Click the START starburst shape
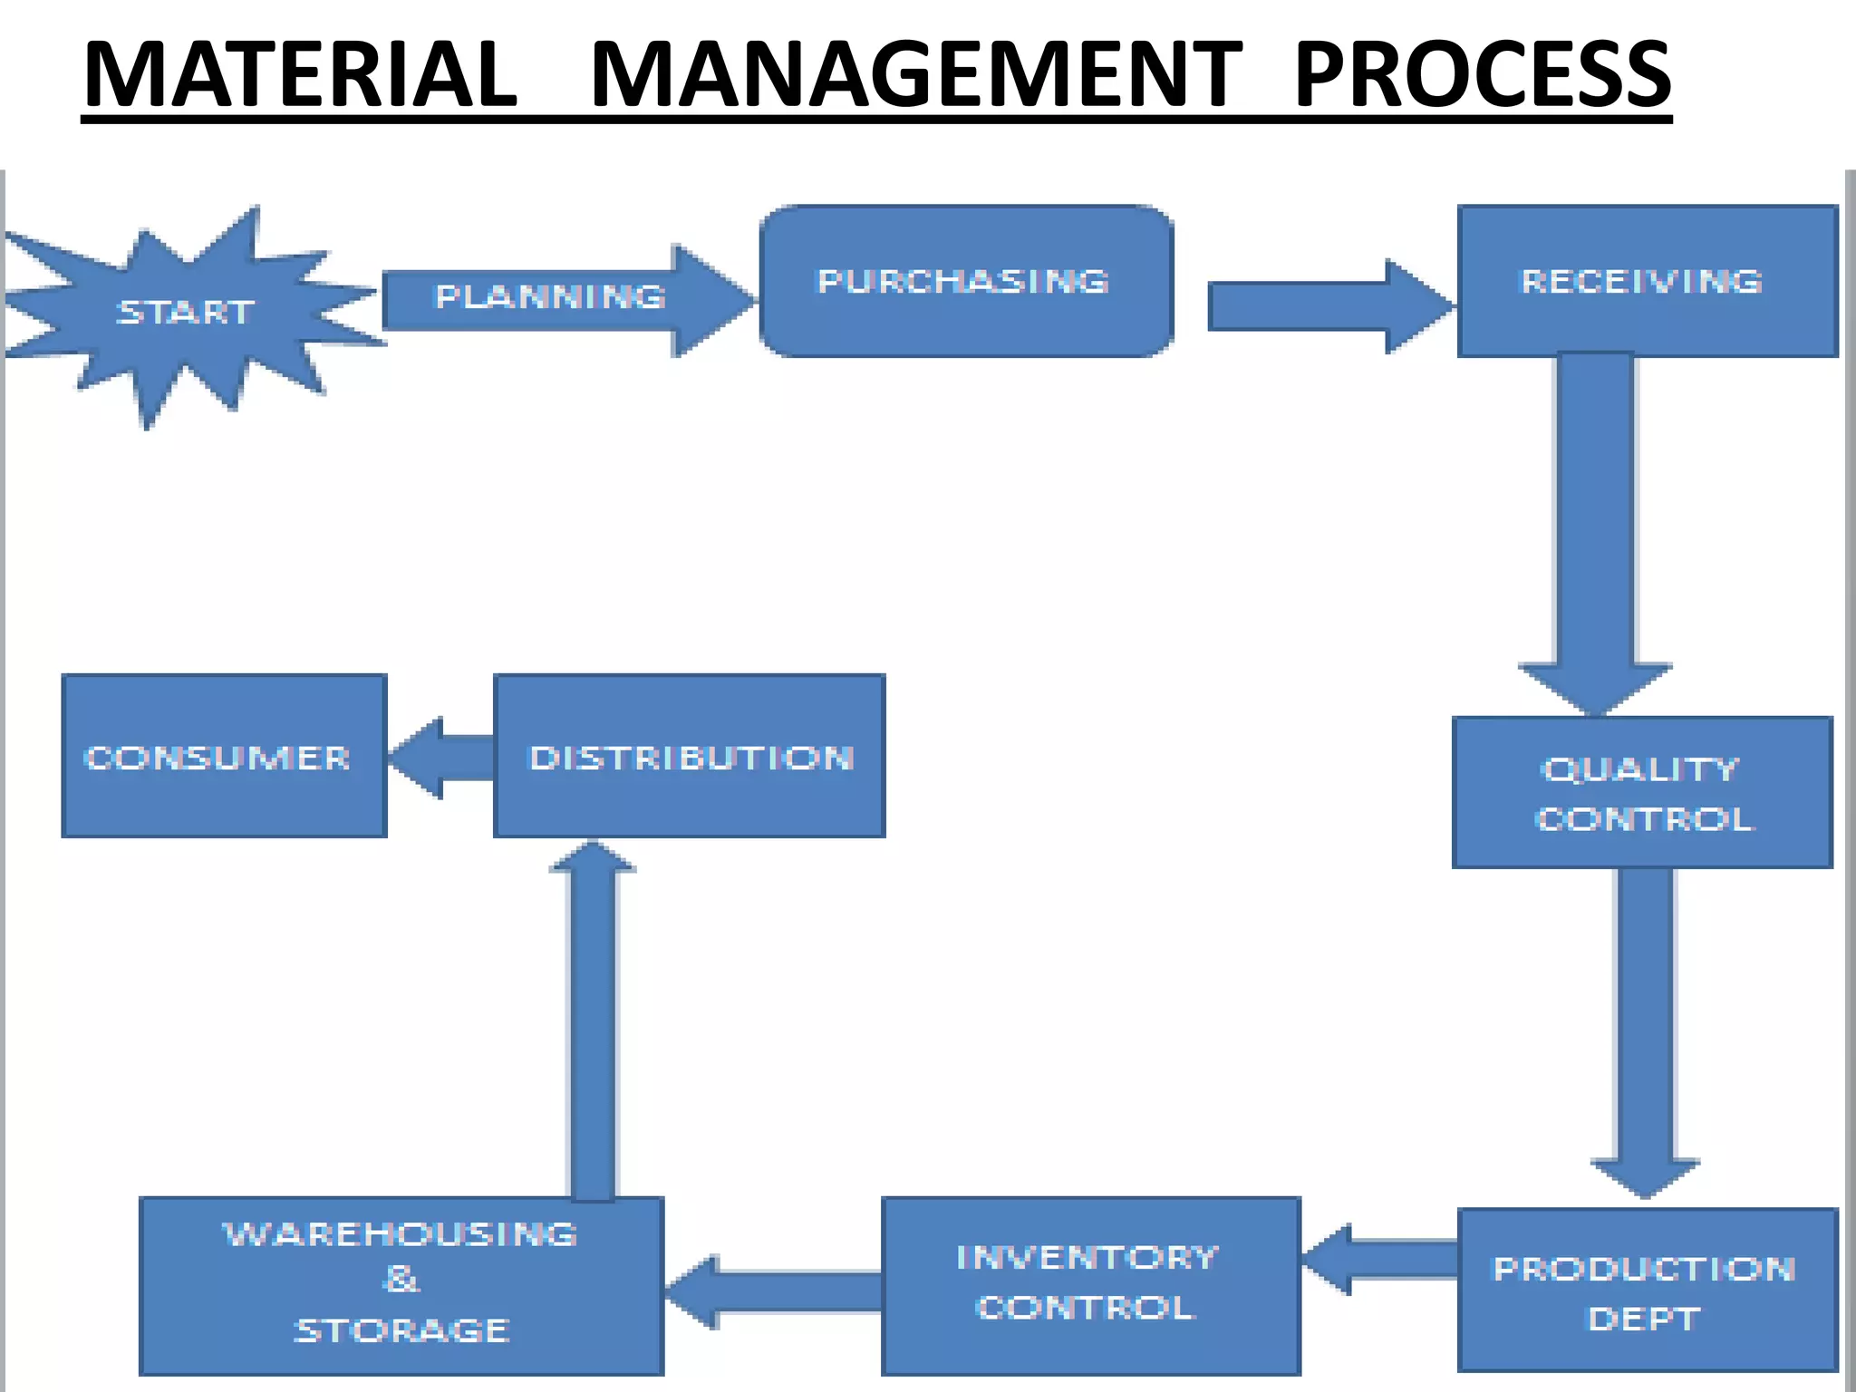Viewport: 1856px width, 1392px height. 186,313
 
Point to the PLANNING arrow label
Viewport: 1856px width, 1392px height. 550,297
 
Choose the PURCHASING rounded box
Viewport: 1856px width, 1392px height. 966,281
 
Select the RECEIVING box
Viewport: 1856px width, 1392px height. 1646,281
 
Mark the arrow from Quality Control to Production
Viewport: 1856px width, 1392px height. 1645,1033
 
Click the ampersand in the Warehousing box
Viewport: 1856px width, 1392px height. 401,1280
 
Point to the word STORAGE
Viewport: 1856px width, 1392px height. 401,1330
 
